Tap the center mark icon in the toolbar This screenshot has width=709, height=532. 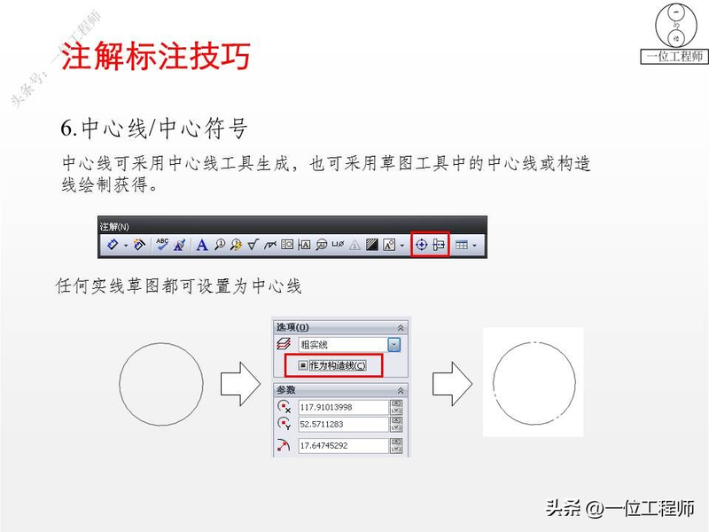click(x=422, y=245)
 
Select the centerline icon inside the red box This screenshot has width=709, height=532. click(x=439, y=245)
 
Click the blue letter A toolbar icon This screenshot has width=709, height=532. click(x=201, y=245)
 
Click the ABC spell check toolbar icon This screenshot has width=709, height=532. click(x=162, y=244)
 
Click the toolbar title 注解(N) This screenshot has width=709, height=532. click(x=114, y=226)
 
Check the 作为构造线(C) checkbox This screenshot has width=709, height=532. click(x=304, y=364)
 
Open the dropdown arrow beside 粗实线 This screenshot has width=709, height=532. click(x=394, y=344)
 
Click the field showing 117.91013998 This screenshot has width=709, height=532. click(x=344, y=407)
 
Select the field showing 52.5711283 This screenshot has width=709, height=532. click(x=344, y=425)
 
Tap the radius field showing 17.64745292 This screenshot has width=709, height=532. click(x=344, y=446)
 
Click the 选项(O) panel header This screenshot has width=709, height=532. click(x=293, y=326)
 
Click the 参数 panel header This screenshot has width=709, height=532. click(x=286, y=390)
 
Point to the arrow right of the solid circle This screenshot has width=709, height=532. click(x=238, y=384)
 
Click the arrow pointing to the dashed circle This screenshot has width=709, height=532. click(x=451, y=384)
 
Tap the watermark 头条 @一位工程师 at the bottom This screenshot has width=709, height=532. click(x=619, y=509)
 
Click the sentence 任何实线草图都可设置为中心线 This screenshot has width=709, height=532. click(x=178, y=286)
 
